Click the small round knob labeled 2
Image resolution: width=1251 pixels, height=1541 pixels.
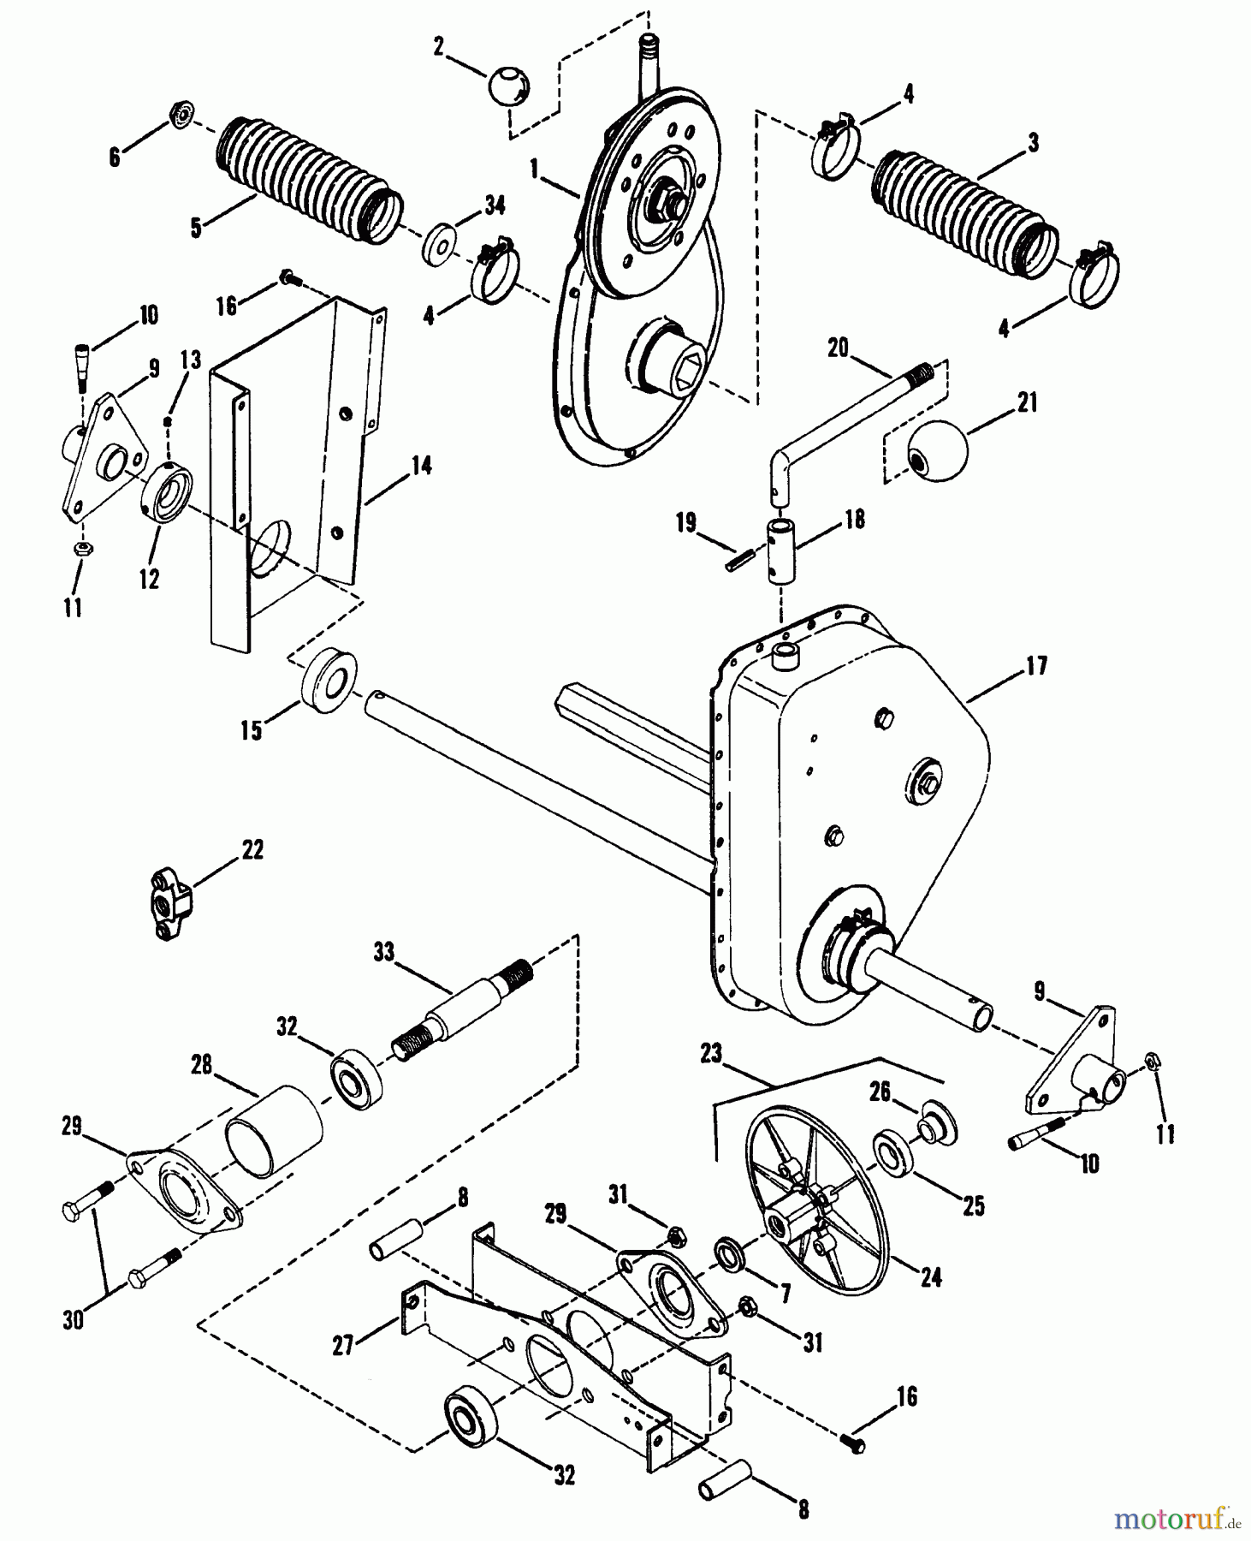tap(509, 86)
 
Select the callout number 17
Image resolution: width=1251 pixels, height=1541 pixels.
tap(1036, 665)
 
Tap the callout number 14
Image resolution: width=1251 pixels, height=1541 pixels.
tap(421, 466)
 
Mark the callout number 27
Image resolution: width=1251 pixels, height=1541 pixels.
tap(342, 1345)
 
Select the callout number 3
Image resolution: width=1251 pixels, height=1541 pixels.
tap(1033, 143)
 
